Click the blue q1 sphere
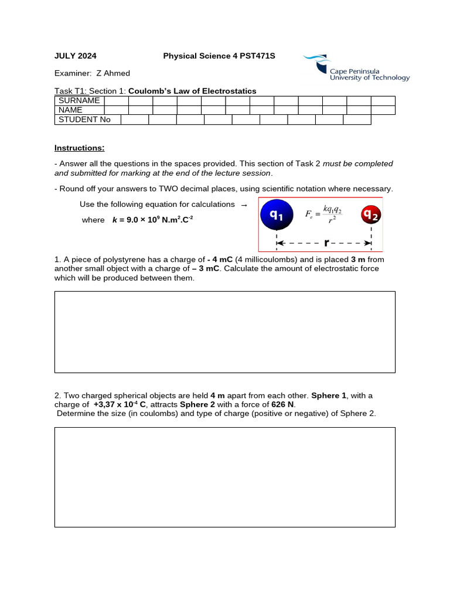[x=277, y=216]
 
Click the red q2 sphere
[x=370, y=215]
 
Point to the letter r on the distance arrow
[x=326, y=243]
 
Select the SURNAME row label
[x=79, y=100]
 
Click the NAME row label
[x=70, y=110]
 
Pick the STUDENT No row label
[x=84, y=120]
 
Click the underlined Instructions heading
[x=79, y=148]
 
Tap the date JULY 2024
[x=76, y=56]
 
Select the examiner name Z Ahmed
[x=117, y=73]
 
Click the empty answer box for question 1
[x=224, y=332]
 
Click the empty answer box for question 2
[x=224, y=477]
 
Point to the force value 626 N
[x=283, y=404]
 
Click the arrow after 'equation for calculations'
[x=244, y=204]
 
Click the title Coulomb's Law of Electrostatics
[x=192, y=91]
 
